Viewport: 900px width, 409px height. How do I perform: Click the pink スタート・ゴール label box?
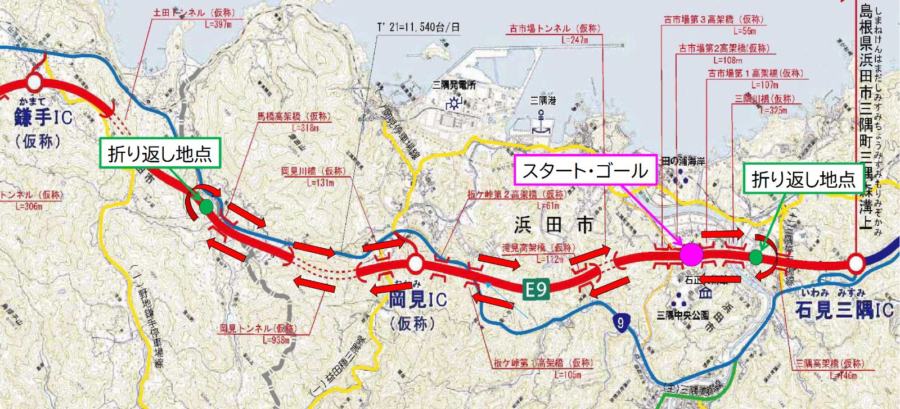click(x=586, y=170)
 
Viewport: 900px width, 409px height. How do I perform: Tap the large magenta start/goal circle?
click(x=691, y=255)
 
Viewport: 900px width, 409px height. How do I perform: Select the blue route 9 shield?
click(x=620, y=322)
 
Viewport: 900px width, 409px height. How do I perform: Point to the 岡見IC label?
click(x=417, y=299)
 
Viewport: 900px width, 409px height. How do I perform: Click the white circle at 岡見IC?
click(x=415, y=263)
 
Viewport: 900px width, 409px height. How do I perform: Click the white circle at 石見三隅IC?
click(x=856, y=262)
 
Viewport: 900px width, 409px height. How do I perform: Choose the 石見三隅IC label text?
click(x=844, y=310)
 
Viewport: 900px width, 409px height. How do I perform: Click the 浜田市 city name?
click(x=553, y=225)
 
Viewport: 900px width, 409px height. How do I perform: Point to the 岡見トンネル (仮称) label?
click(x=258, y=328)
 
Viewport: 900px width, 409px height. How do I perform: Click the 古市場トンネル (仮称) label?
click(x=555, y=28)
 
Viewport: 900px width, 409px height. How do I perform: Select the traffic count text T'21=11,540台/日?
click(x=418, y=27)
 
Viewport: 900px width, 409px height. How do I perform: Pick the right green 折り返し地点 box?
click(x=803, y=179)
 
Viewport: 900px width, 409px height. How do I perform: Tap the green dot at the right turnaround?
click(x=756, y=257)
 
